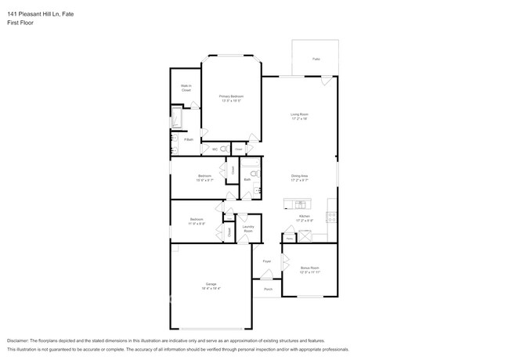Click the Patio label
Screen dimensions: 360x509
316,59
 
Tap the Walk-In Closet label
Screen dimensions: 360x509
186,88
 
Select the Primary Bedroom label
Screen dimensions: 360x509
230,98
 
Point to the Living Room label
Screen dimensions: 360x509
300,116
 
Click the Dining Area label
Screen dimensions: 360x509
300,178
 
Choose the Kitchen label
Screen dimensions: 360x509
305,217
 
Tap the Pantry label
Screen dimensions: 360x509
288,239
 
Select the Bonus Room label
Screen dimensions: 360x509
311,269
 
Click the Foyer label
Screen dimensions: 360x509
266,261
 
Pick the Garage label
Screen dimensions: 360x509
211,285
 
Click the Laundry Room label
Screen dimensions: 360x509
247,229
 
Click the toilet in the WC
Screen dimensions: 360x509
224,149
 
